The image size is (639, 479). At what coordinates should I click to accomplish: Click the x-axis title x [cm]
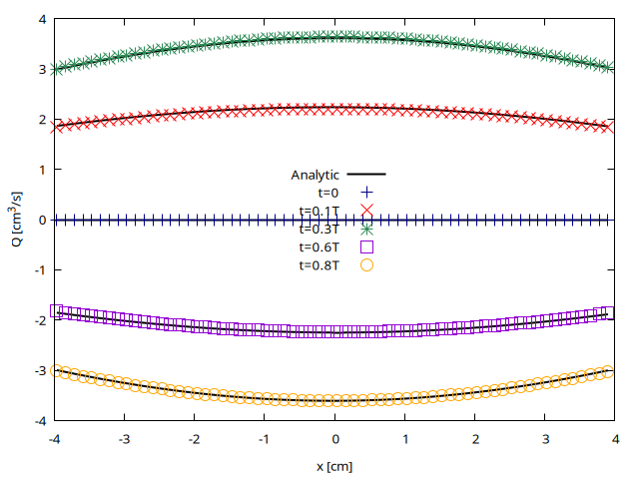tap(334, 466)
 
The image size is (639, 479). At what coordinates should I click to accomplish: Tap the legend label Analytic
tap(316, 175)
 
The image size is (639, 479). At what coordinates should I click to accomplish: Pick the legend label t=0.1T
tap(319, 211)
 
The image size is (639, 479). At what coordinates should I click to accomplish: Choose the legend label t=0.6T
tap(319, 246)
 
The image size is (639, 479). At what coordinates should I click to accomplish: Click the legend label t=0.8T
tap(319, 264)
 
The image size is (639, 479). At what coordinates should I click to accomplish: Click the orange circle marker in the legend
tap(366, 264)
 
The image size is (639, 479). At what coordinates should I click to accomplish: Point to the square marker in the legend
tap(366, 246)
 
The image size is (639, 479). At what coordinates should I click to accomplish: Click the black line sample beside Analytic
tap(366, 175)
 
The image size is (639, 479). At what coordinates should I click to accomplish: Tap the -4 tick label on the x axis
tap(55, 438)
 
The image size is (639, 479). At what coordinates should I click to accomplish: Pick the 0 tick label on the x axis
tap(335, 438)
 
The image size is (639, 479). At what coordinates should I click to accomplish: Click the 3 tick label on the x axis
tap(546, 438)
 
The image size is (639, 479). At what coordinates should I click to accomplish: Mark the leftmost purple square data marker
tap(57, 310)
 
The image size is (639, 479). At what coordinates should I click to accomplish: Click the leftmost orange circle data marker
tap(57, 370)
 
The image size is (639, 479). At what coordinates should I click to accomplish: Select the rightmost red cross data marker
tap(609, 127)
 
